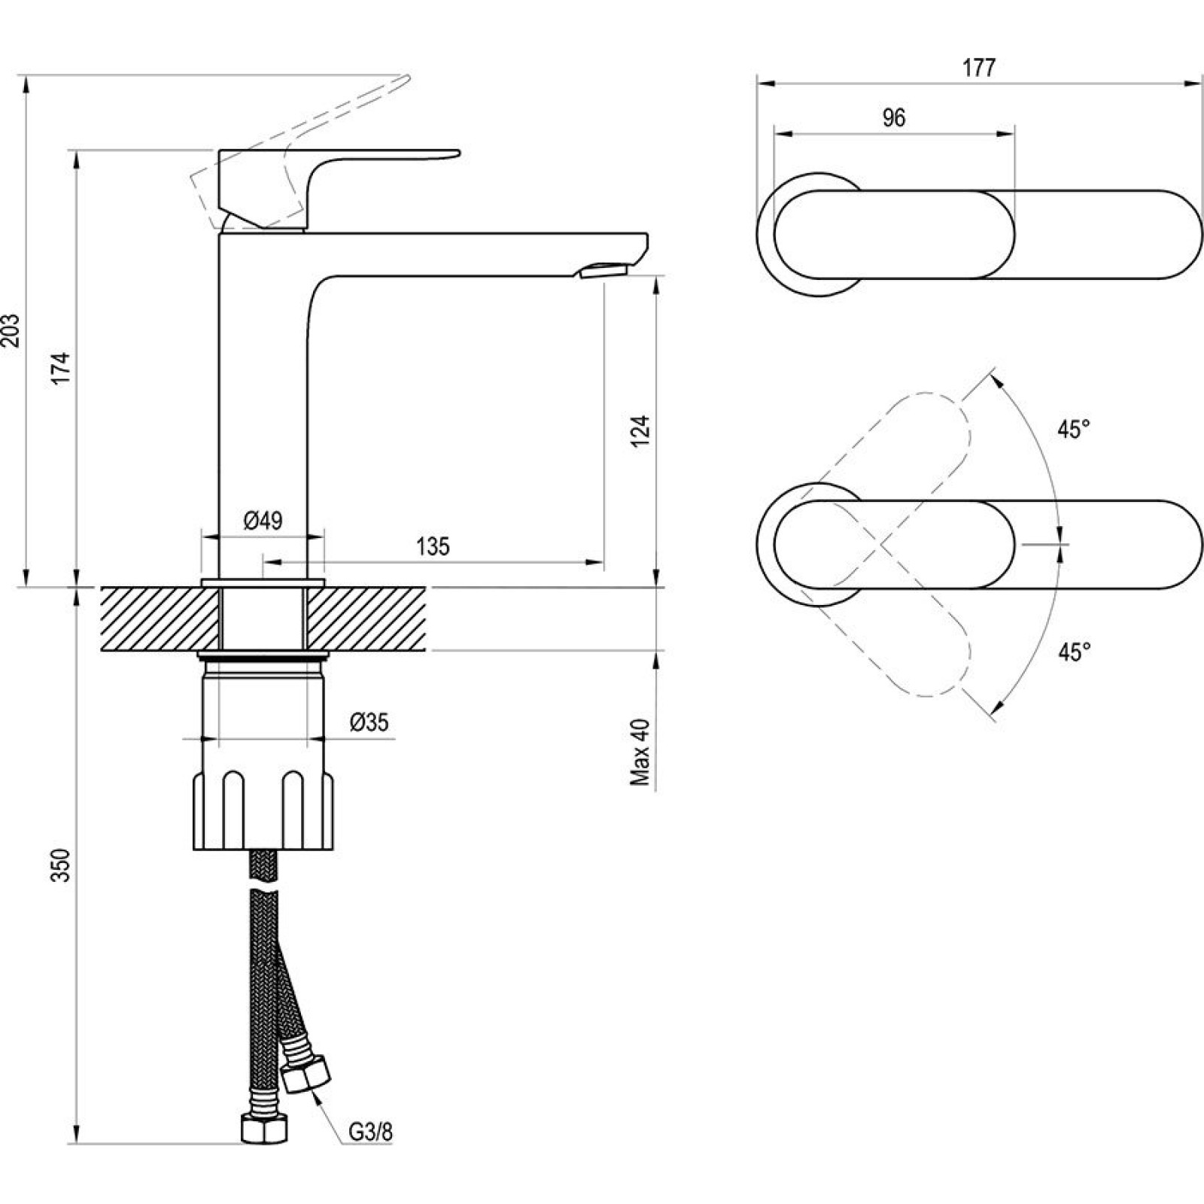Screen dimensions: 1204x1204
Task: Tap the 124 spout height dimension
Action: point(640,431)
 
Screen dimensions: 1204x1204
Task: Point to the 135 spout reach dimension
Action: point(433,546)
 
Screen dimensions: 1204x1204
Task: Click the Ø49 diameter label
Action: point(263,520)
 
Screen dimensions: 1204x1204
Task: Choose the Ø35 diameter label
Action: point(369,723)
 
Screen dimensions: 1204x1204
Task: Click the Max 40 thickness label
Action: point(640,752)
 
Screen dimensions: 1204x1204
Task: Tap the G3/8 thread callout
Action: point(370,1152)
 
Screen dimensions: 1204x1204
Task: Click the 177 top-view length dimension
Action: point(979,68)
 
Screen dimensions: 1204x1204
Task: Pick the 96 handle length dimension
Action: point(893,118)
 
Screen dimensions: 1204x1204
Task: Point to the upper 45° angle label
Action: point(1074,430)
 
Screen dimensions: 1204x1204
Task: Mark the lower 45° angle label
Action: point(1074,652)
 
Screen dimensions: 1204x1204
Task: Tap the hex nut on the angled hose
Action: point(306,1074)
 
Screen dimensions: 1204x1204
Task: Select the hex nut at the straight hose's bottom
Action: point(263,1149)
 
